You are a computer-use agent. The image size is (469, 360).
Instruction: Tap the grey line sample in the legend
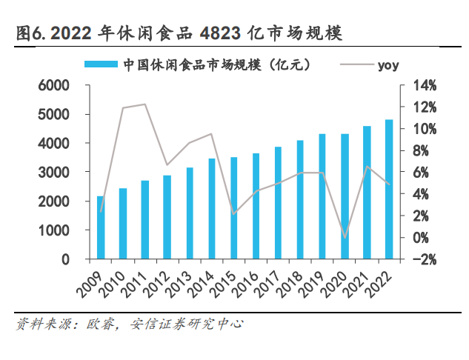(x=354, y=65)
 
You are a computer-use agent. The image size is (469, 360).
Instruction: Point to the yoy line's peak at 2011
(x=145, y=104)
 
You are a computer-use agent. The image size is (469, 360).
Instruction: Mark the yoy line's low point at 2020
(x=345, y=238)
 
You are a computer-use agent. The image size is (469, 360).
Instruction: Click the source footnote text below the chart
(x=130, y=324)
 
